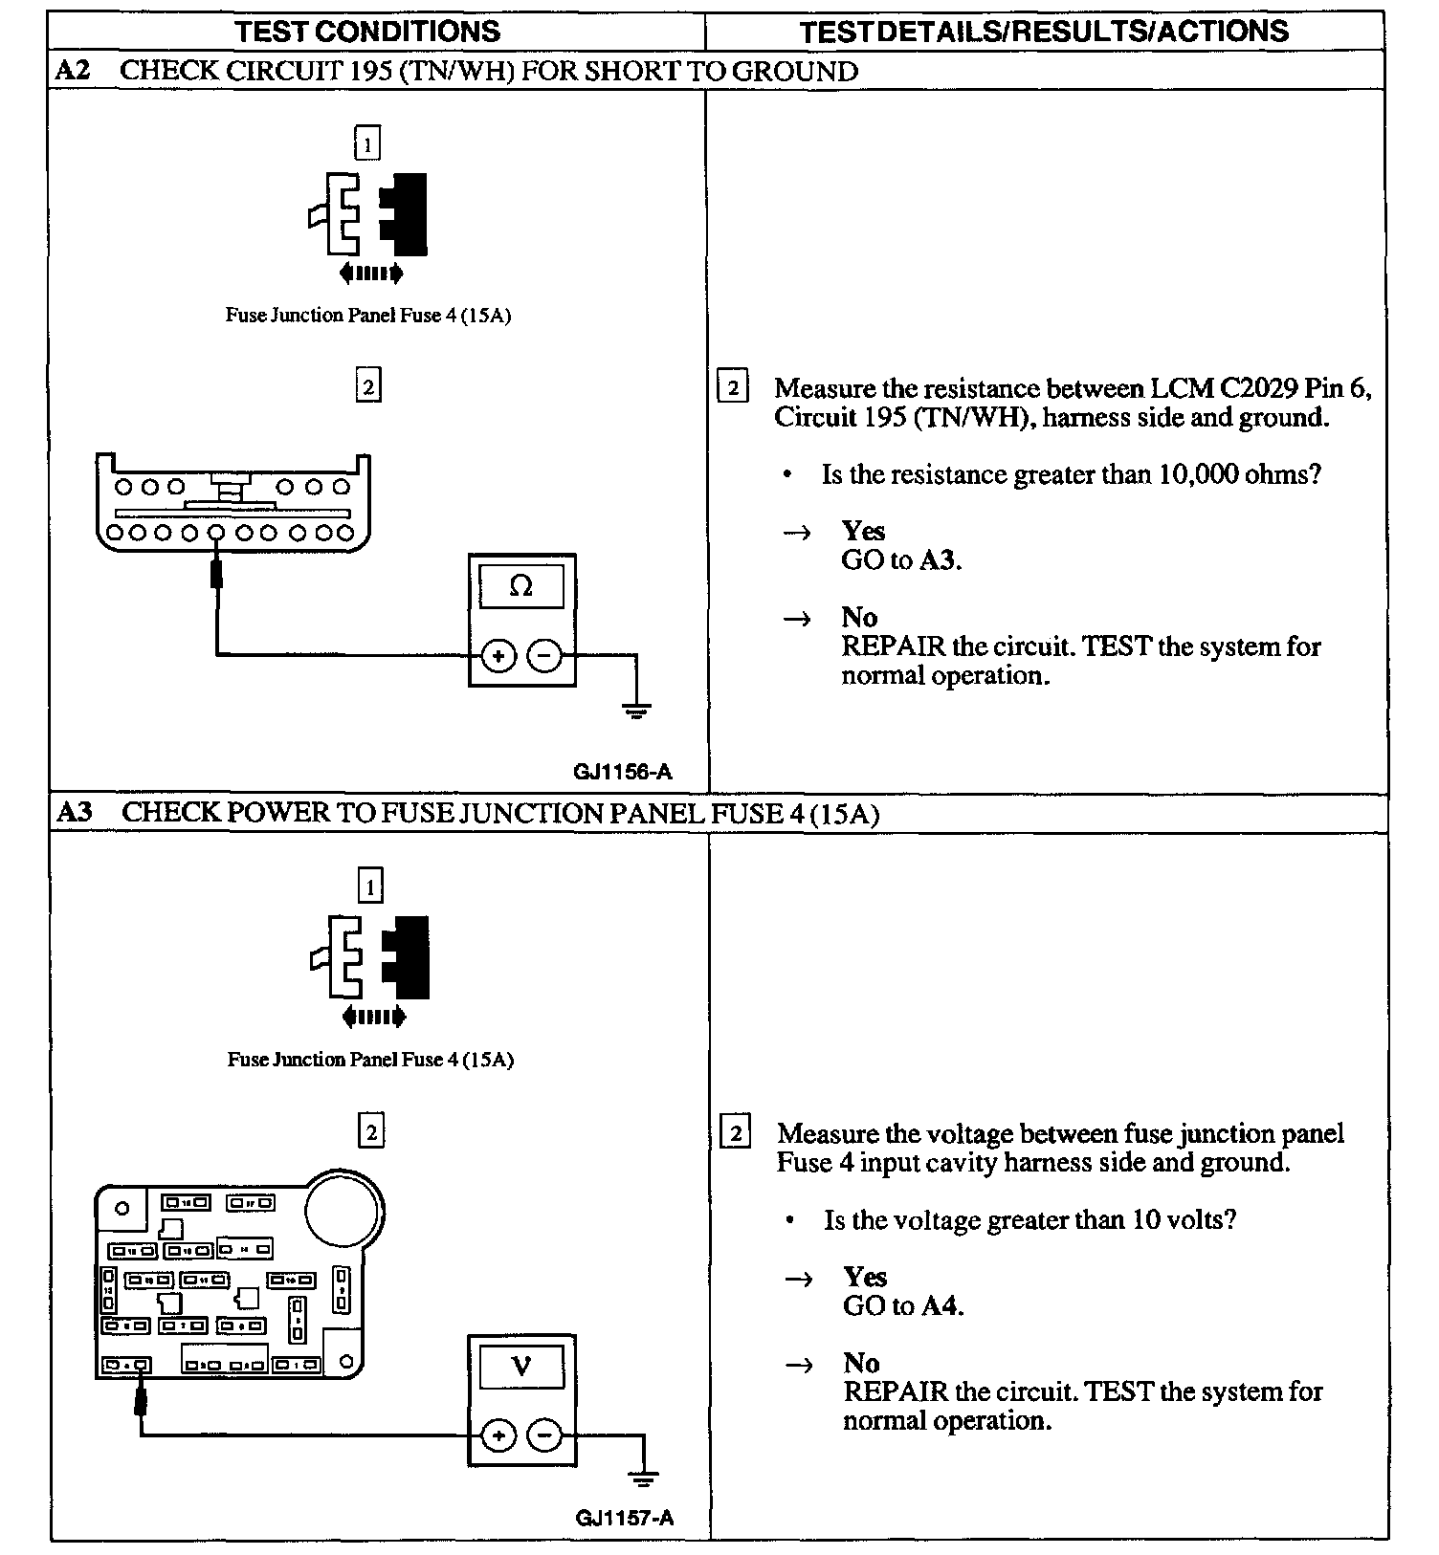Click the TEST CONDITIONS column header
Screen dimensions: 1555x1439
[x=367, y=32]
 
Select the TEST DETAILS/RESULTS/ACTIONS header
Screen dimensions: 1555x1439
[x=1044, y=32]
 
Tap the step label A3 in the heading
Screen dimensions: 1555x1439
[x=75, y=813]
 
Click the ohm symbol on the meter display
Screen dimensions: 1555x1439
[x=521, y=586]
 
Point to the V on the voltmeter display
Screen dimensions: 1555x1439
[x=521, y=1366]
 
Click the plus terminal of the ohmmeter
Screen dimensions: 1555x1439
[x=498, y=656]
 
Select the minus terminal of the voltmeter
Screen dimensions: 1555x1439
[x=545, y=1435]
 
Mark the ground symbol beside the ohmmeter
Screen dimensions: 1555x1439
[x=636, y=711]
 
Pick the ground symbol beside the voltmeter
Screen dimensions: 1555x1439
[x=644, y=1479]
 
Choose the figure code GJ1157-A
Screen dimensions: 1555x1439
[x=625, y=1518]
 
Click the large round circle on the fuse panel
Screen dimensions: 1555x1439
[x=343, y=1209]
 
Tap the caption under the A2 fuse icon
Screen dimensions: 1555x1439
[x=368, y=316]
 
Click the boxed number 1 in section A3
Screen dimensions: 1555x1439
[x=370, y=887]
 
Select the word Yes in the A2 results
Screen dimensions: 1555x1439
[x=863, y=531]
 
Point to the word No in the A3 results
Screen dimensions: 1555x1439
[x=861, y=1362]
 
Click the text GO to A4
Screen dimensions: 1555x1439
[x=903, y=1305]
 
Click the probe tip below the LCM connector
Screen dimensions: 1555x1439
[x=217, y=574]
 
